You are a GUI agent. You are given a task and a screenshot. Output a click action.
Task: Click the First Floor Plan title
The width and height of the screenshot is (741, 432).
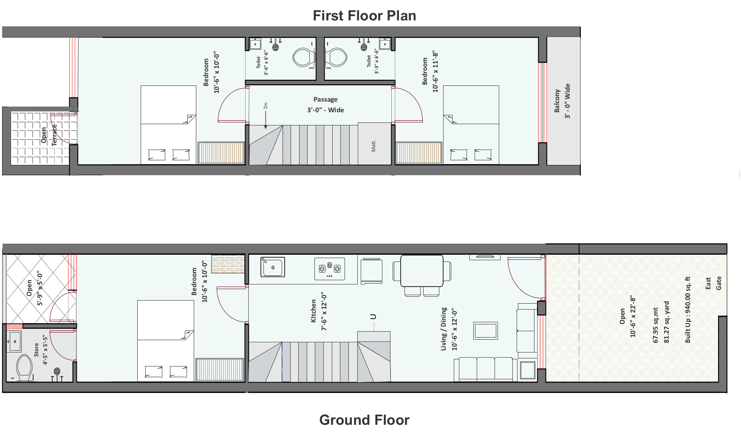click(364, 16)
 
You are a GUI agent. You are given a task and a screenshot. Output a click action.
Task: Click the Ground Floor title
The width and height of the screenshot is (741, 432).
click(364, 420)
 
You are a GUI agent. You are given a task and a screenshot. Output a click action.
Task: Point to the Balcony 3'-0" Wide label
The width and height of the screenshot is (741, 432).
click(562, 101)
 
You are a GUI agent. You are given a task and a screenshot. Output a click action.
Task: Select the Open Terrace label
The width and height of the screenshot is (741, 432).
click(49, 135)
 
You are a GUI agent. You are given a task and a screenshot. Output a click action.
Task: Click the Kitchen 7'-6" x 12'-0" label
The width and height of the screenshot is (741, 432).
click(319, 311)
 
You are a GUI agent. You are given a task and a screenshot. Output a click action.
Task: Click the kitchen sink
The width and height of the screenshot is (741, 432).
click(273, 267)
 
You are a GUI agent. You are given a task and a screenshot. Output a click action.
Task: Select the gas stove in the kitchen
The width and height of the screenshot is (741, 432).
click(330, 269)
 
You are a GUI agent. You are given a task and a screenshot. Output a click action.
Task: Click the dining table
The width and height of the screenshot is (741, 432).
click(422, 270)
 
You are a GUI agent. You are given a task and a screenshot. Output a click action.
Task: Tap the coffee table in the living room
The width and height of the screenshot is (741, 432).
click(486, 330)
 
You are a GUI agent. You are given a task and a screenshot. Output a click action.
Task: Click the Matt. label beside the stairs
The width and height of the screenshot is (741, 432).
click(373, 146)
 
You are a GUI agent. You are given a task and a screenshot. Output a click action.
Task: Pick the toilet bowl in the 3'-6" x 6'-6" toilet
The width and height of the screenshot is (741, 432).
click(303, 57)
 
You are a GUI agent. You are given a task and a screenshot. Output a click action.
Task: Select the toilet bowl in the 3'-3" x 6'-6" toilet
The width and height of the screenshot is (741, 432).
click(337, 57)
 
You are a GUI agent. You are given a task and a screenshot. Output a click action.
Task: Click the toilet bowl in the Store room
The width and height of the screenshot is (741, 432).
click(24, 368)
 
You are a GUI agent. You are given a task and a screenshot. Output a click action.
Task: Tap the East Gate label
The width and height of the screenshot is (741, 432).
click(713, 284)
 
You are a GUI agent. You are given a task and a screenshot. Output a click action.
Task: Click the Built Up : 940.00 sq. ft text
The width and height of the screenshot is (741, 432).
click(687, 310)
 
